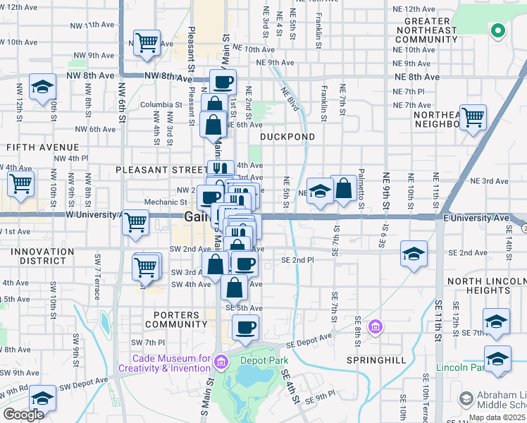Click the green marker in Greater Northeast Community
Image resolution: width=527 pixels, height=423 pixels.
[497, 30]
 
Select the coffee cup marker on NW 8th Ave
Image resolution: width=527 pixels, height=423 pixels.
[223, 82]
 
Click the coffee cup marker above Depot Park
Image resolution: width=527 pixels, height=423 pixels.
[245, 327]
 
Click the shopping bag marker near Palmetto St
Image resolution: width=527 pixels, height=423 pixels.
[344, 188]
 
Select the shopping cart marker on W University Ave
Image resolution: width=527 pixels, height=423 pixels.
[135, 223]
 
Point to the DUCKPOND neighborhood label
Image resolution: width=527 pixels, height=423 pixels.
[286, 136]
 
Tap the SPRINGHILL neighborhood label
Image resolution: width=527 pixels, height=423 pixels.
[376, 360]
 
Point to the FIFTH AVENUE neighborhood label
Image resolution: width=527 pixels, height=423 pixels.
[32, 147]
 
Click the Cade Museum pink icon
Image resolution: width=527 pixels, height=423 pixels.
[221, 362]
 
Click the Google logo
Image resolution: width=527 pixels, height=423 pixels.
[23, 414]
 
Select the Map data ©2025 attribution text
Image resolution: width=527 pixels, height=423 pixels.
[496, 417]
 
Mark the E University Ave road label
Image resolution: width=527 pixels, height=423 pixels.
[476, 218]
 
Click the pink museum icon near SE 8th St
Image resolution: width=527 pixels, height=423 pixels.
[376, 328]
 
